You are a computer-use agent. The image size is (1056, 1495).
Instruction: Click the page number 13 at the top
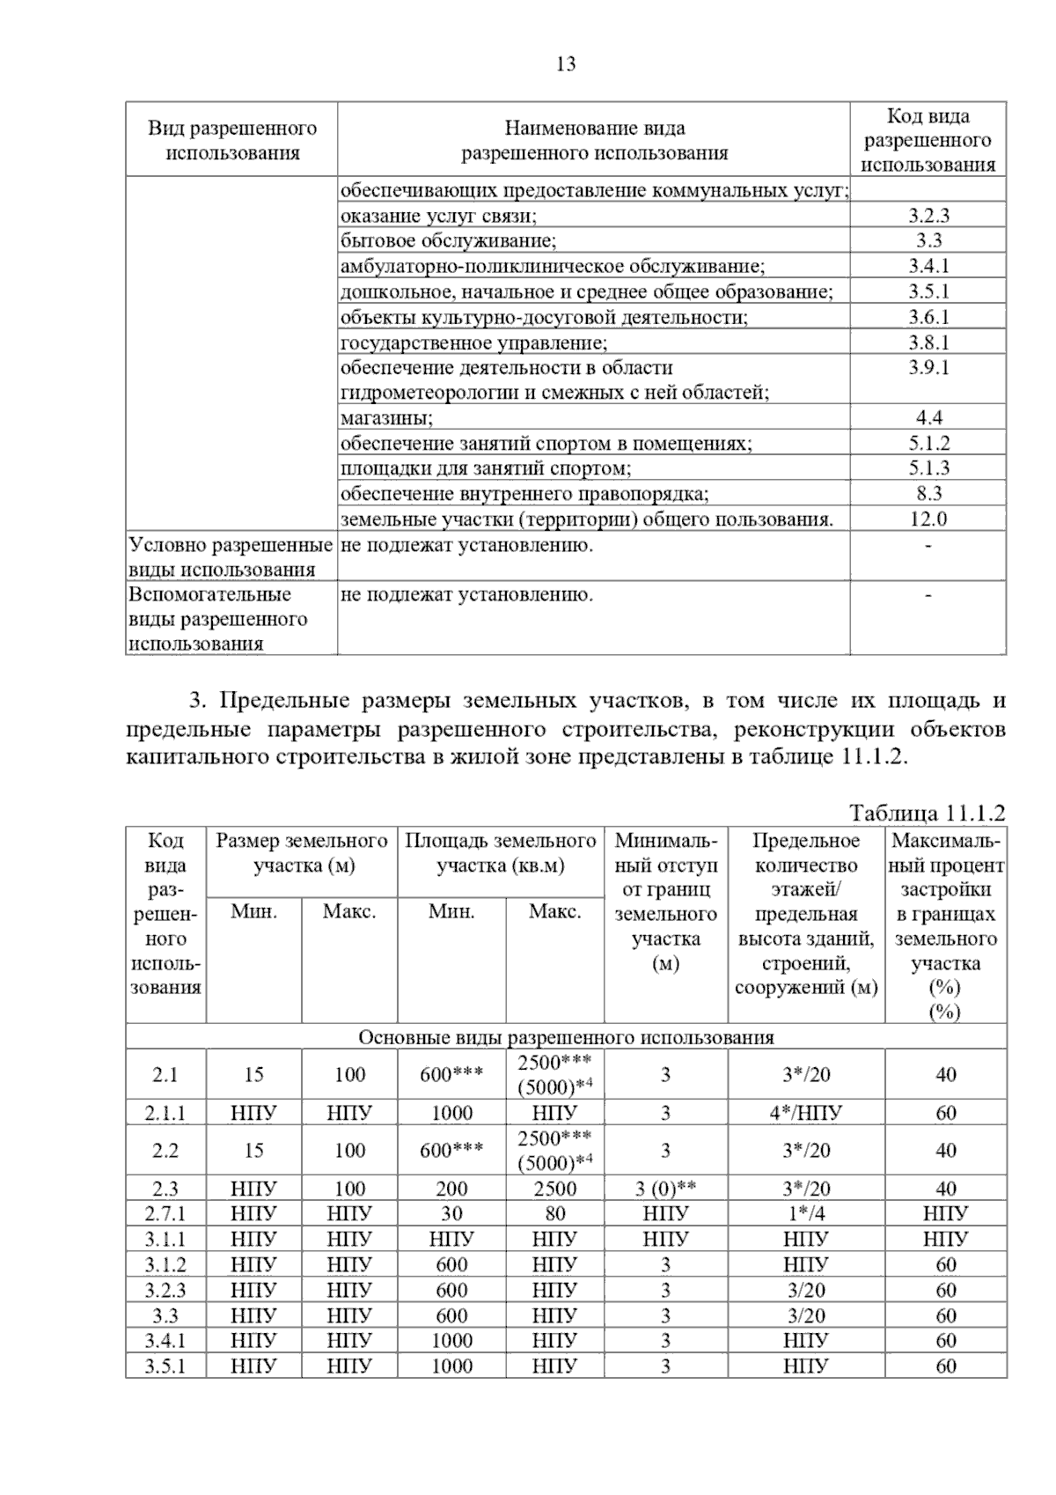tap(566, 64)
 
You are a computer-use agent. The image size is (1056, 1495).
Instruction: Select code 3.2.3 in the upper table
tap(928, 216)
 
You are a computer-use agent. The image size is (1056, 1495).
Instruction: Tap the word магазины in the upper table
tap(386, 418)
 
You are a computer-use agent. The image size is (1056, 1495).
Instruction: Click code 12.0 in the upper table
tap(928, 519)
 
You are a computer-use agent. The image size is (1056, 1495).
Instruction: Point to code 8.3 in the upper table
tap(928, 494)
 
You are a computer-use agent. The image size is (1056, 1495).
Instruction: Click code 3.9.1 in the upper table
tap(928, 368)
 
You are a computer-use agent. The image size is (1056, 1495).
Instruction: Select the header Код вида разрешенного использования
tap(928, 140)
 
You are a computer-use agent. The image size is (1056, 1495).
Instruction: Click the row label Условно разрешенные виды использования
tap(231, 557)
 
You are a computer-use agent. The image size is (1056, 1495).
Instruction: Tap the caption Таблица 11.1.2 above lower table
tap(927, 813)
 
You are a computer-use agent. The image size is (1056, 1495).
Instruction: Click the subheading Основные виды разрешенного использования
tap(566, 1037)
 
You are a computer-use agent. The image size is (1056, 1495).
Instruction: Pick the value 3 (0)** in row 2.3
tap(665, 1189)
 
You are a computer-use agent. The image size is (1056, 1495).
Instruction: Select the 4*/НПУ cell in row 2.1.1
tap(805, 1113)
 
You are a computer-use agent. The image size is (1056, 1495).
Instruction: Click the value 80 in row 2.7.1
tap(554, 1214)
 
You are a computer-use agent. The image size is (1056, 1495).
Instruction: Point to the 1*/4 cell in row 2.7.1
tap(805, 1214)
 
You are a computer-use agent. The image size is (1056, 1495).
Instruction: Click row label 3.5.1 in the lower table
tap(165, 1366)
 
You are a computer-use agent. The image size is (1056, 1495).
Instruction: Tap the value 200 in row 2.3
tap(451, 1189)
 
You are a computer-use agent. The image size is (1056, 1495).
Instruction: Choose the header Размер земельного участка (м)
tap(302, 853)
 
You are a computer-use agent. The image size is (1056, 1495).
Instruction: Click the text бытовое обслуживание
tap(448, 241)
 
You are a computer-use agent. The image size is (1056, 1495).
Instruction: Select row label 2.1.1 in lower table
tap(165, 1113)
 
